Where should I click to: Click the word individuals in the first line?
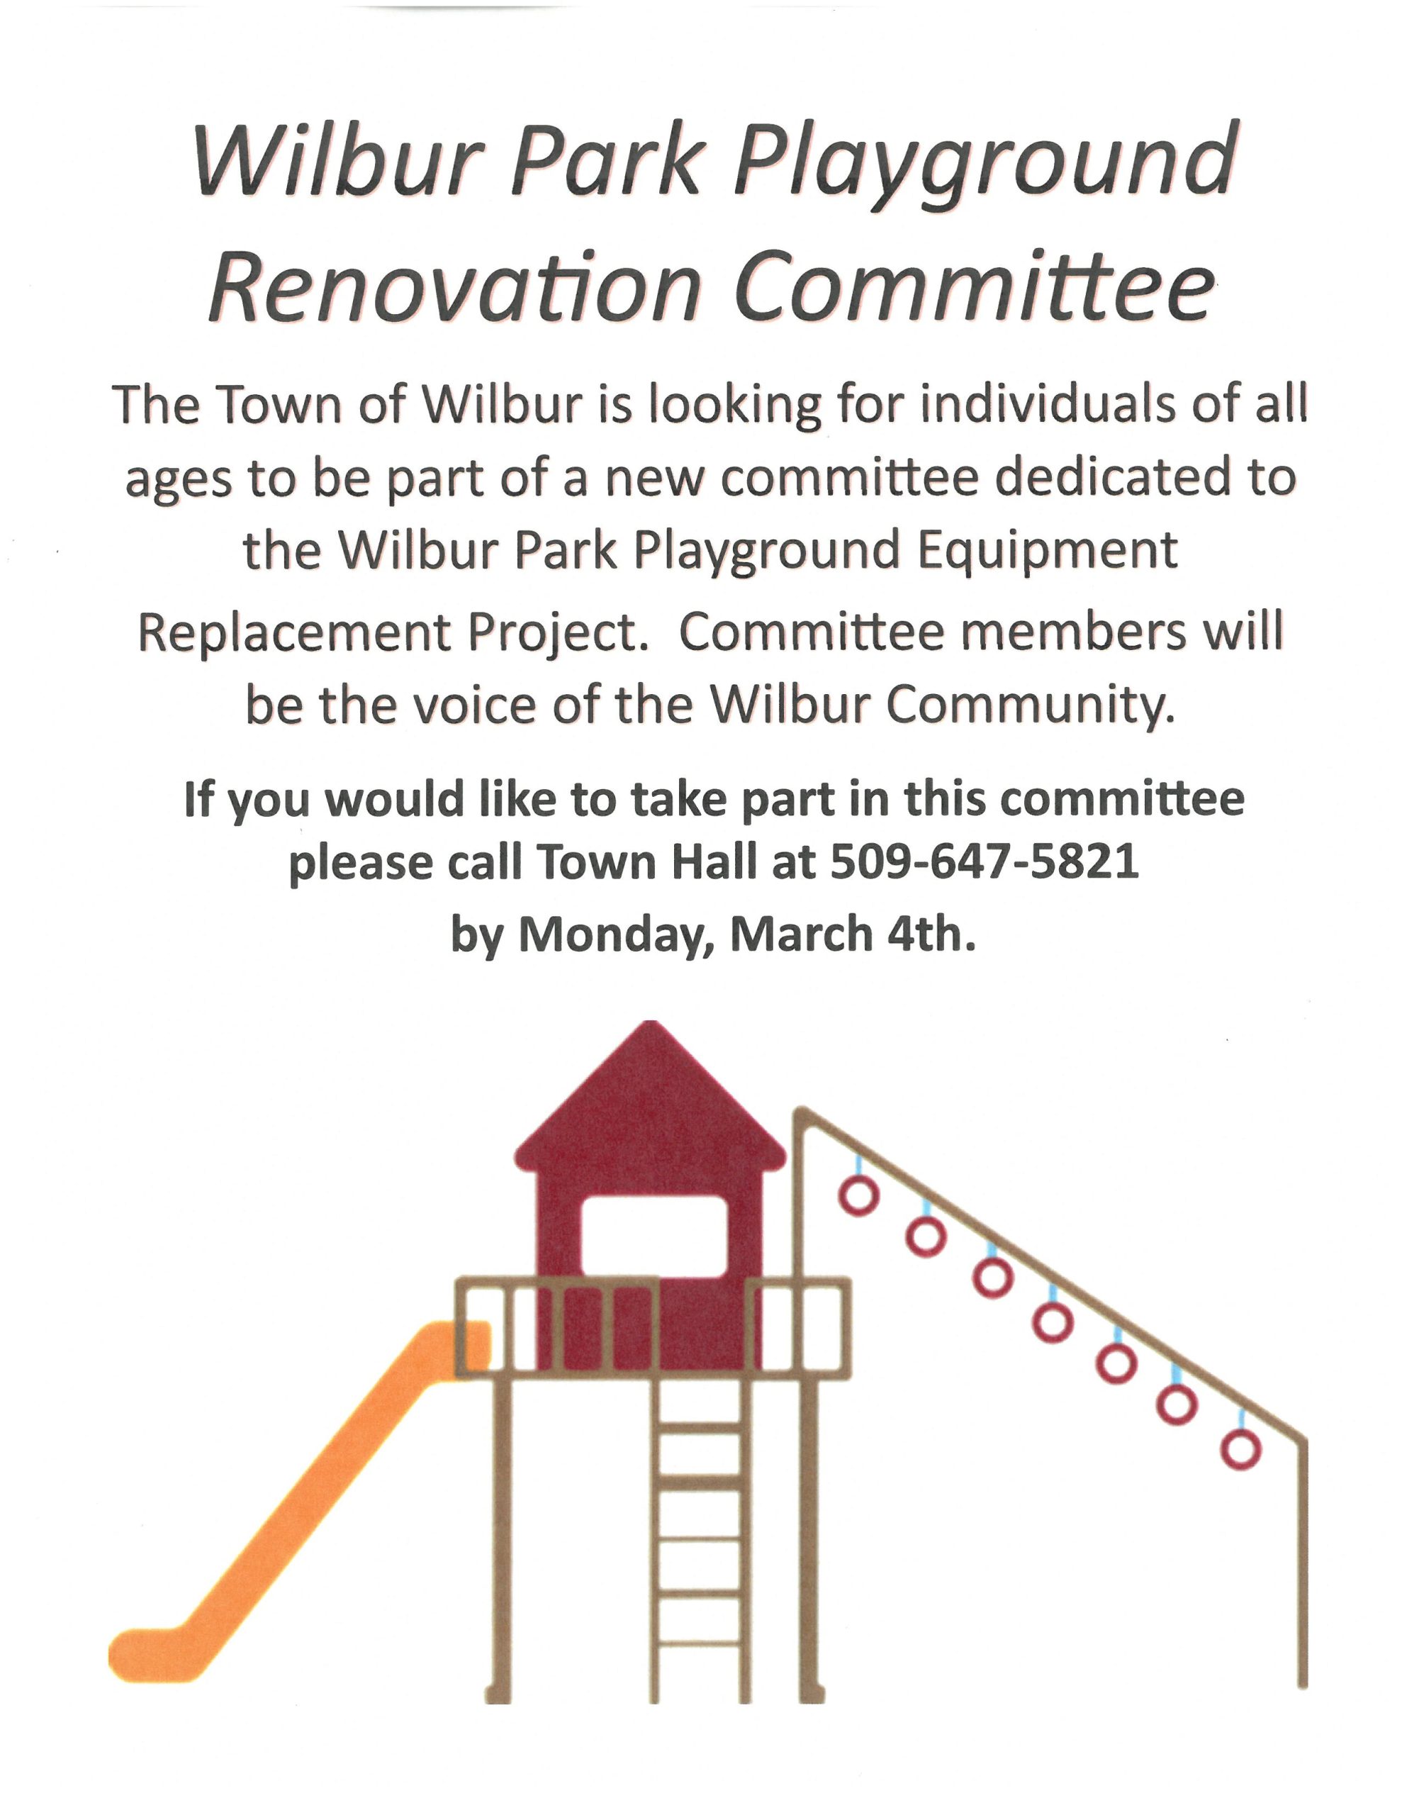point(965,406)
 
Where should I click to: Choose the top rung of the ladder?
point(700,1427)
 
